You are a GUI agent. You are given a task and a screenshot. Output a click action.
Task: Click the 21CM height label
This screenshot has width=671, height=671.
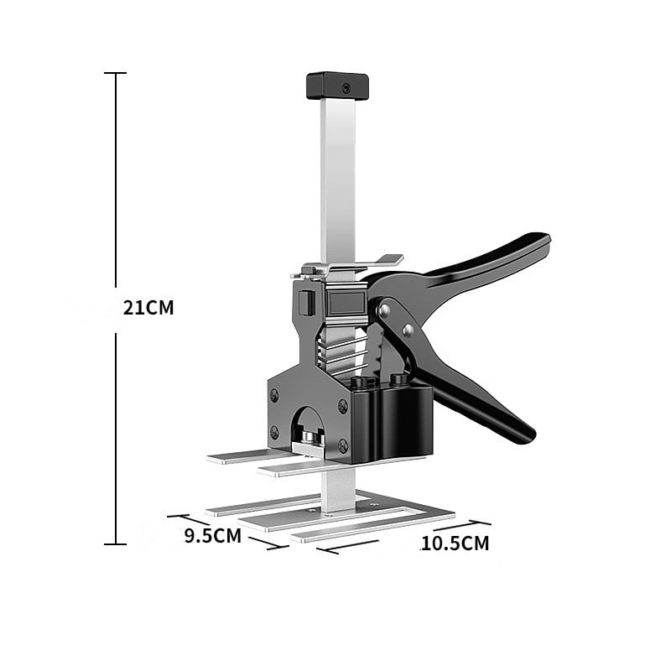click(x=148, y=308)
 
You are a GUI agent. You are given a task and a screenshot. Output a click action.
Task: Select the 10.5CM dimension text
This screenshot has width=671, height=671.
click(x=455, y=544)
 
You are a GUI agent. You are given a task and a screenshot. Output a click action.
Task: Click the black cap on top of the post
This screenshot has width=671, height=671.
click(x=337, y=86)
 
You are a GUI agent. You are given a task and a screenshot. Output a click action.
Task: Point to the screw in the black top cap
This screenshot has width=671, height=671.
click(x=344, y=86)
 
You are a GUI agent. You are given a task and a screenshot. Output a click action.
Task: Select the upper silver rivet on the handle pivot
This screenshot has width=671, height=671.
click(x=383, y=310)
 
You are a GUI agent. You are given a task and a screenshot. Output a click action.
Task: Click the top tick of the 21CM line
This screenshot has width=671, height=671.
click(x=115, y=74)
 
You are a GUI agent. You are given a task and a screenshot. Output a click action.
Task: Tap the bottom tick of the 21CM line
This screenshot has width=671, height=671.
click(x=115, y=544)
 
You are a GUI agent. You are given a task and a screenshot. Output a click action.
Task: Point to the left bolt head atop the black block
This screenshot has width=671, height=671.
click(x=362, y=382)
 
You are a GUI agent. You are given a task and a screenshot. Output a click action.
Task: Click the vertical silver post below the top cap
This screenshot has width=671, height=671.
click(x=337, y=176)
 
